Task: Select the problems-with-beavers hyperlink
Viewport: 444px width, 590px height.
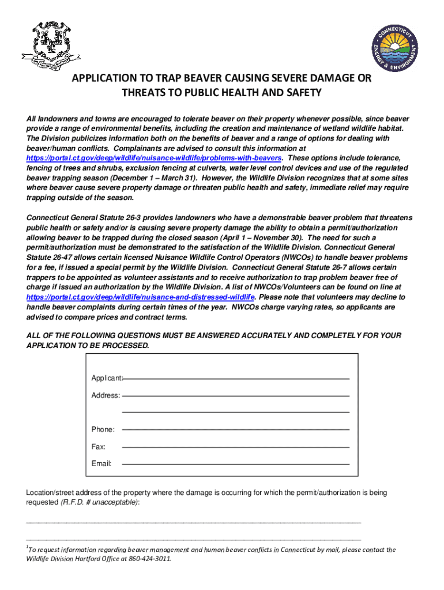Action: tap(155, 157)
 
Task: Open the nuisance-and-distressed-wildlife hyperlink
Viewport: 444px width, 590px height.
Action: tap(141, 297)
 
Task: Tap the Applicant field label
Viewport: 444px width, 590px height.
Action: tap(107, 378)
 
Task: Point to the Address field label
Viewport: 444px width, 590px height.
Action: tap(106, 396)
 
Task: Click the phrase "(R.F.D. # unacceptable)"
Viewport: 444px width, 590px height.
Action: tap(99, 502)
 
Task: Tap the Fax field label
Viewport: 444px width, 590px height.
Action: tap(98, 447)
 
